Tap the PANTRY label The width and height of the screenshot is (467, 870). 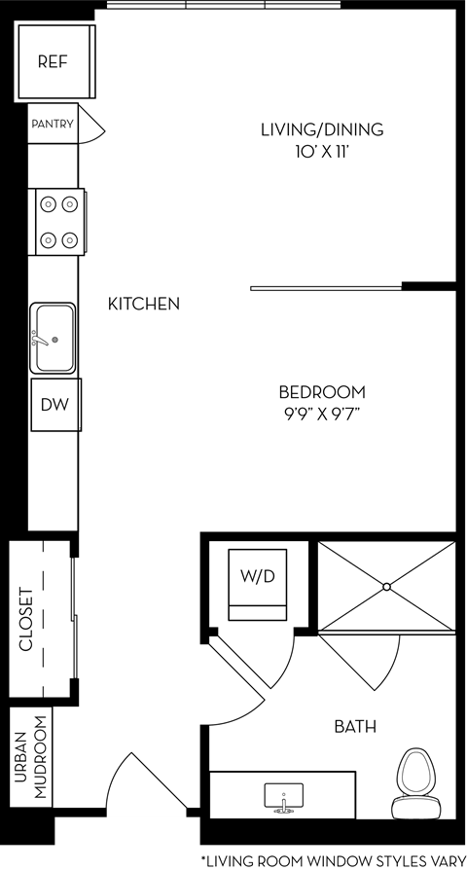click(53, 125)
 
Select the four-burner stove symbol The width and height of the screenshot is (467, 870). click(58, 221)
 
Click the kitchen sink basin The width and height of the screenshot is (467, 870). click(54, 338)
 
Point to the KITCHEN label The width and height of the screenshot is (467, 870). click(143, 304)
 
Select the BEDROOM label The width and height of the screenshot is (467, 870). click(322, 392)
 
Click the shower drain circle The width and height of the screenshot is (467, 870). click(386, 586)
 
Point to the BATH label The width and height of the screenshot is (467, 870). click(355, 726)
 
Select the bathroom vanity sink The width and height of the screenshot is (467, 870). click(283, 797)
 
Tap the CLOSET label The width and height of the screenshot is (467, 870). click(27, 619)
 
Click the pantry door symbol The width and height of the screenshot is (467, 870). click(90, 125)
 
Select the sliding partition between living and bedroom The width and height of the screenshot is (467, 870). click(326, 287)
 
